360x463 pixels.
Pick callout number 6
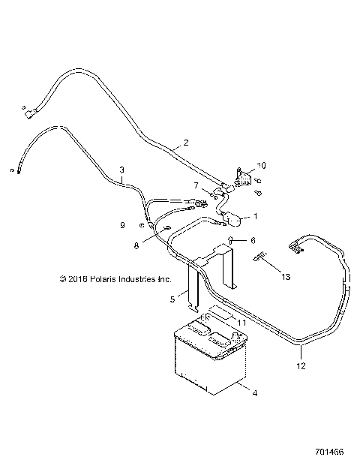click(253, 240)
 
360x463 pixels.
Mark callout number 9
click(122, 225)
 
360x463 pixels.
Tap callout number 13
click(284, 276)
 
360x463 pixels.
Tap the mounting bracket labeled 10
click(243, 179)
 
